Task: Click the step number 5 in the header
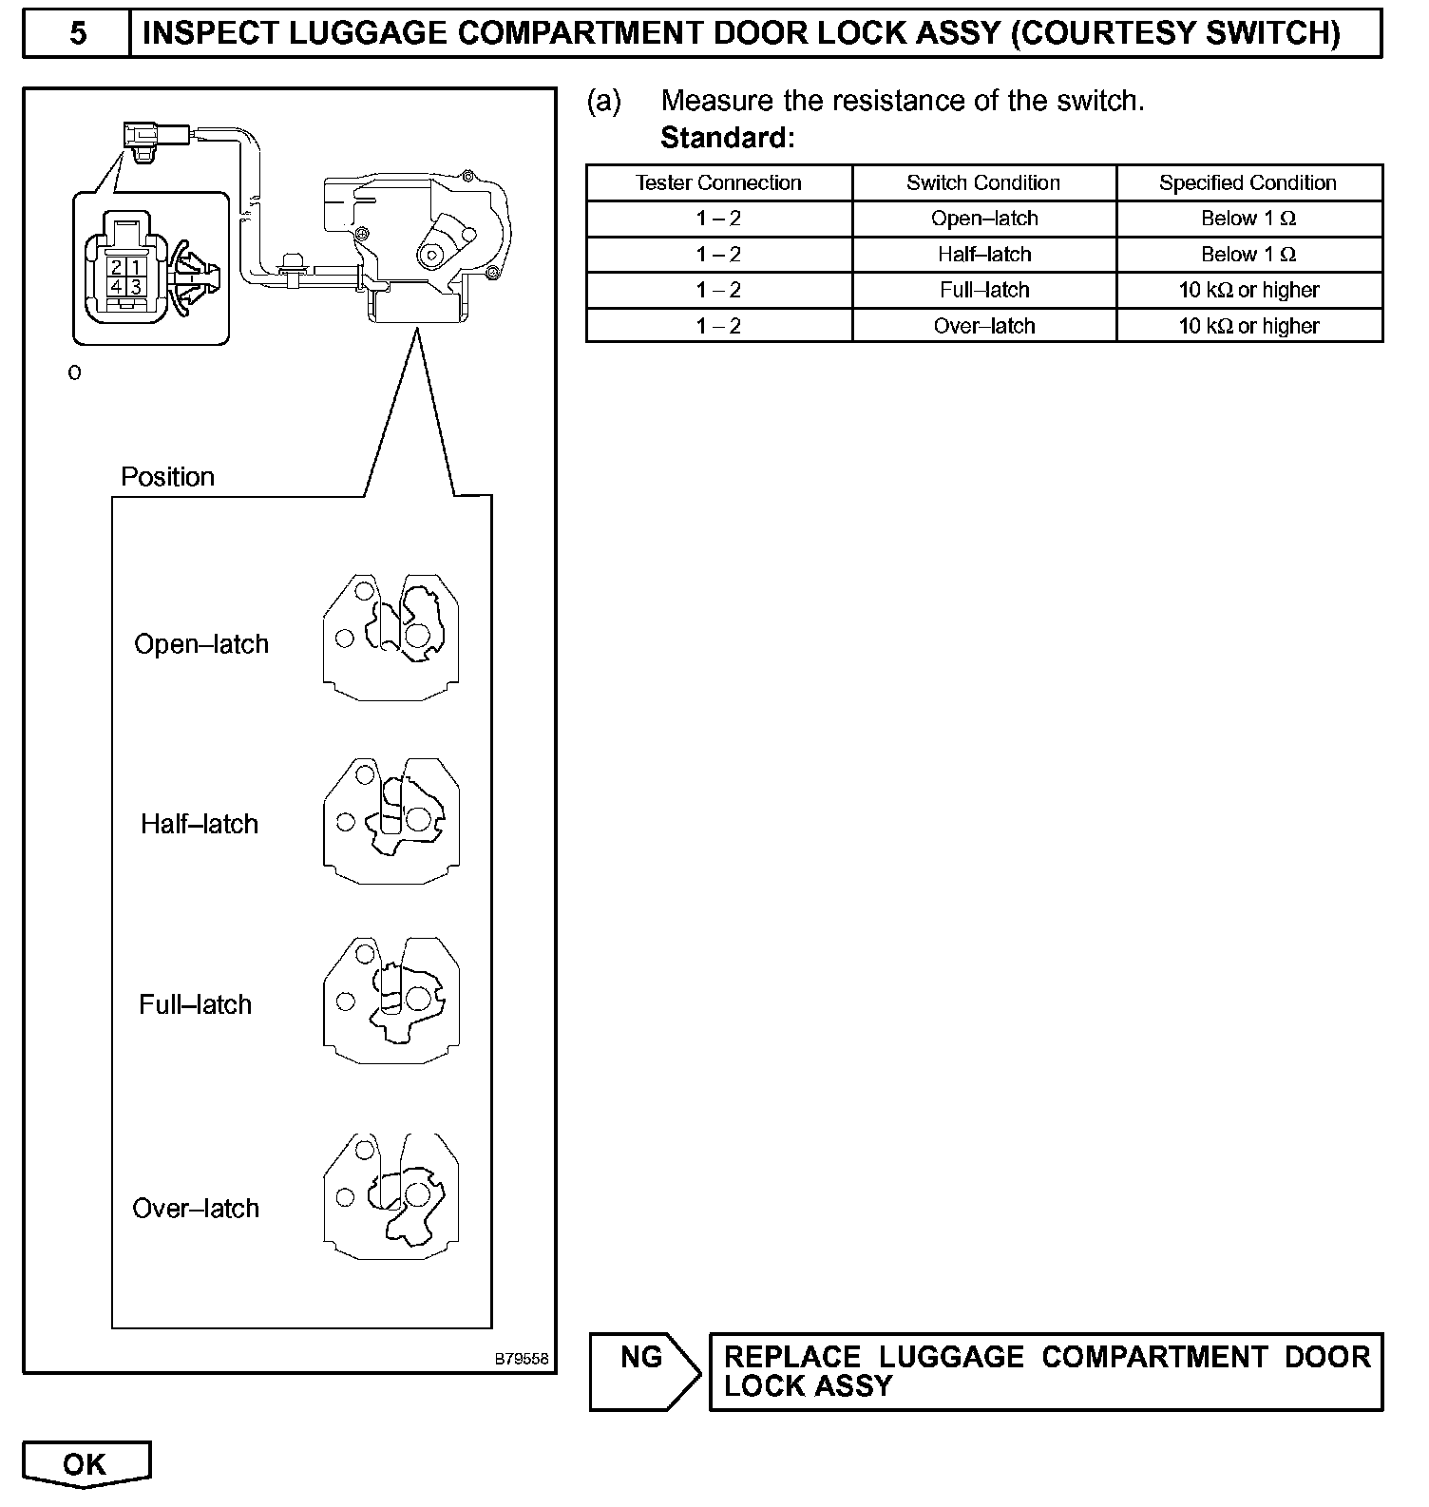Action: pos(78,33)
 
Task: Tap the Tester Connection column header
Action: pos(718,182)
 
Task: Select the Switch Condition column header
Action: pos(983,182)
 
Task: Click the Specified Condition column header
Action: pos(1248,182)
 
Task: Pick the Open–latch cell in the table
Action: pos(984,219)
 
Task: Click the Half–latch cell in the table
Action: pos(984,255)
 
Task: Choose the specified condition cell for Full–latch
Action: pos(1248,290)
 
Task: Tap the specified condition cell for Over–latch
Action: pos(1248,326)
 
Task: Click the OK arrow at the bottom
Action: pos(86,1464)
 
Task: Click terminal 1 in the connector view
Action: pos(136,268)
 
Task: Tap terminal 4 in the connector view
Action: pos(117,286)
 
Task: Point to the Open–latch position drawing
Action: pos(391,637)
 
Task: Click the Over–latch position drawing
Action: pos(391,1196)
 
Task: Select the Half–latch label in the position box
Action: pos(200,823)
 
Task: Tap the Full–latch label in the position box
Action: pos(196,1004)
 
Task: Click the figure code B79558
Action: pos(521,1359)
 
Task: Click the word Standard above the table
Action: pos(726,138)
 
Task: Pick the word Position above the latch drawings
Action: pos(167,476)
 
